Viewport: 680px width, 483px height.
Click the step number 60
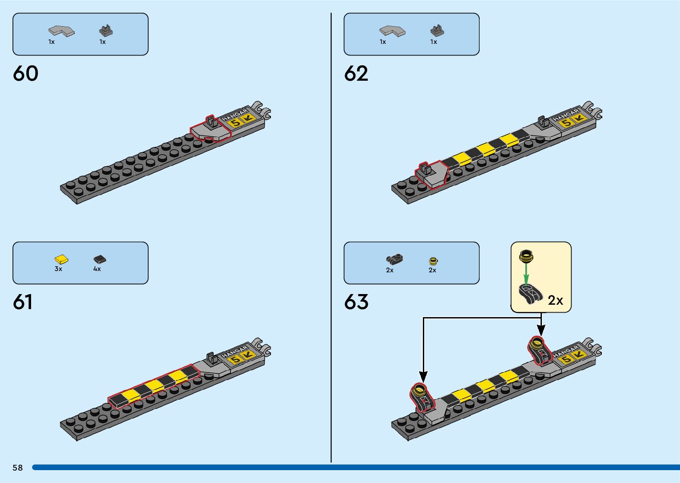[26, 74]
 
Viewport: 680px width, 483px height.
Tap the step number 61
[23, 302]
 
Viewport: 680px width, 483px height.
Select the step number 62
[356, 74]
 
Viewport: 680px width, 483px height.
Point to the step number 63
[356, 302]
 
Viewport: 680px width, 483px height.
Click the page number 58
[18, 467]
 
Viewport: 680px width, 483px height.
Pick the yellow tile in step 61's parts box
[61, 259]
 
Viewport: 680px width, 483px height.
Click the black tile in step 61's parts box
[99, 259]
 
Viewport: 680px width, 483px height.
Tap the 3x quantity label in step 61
[58, 269]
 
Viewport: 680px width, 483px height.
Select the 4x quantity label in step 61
[97, 269]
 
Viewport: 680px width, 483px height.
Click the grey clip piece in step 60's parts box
[106, 31]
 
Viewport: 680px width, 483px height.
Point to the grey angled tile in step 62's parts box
[392, 31]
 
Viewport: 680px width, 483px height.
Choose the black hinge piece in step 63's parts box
[394, 259]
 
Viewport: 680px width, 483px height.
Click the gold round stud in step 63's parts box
[433, 261]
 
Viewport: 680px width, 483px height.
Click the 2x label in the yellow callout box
[555, 301]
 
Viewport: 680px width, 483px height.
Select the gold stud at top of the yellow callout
[526, 255]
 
